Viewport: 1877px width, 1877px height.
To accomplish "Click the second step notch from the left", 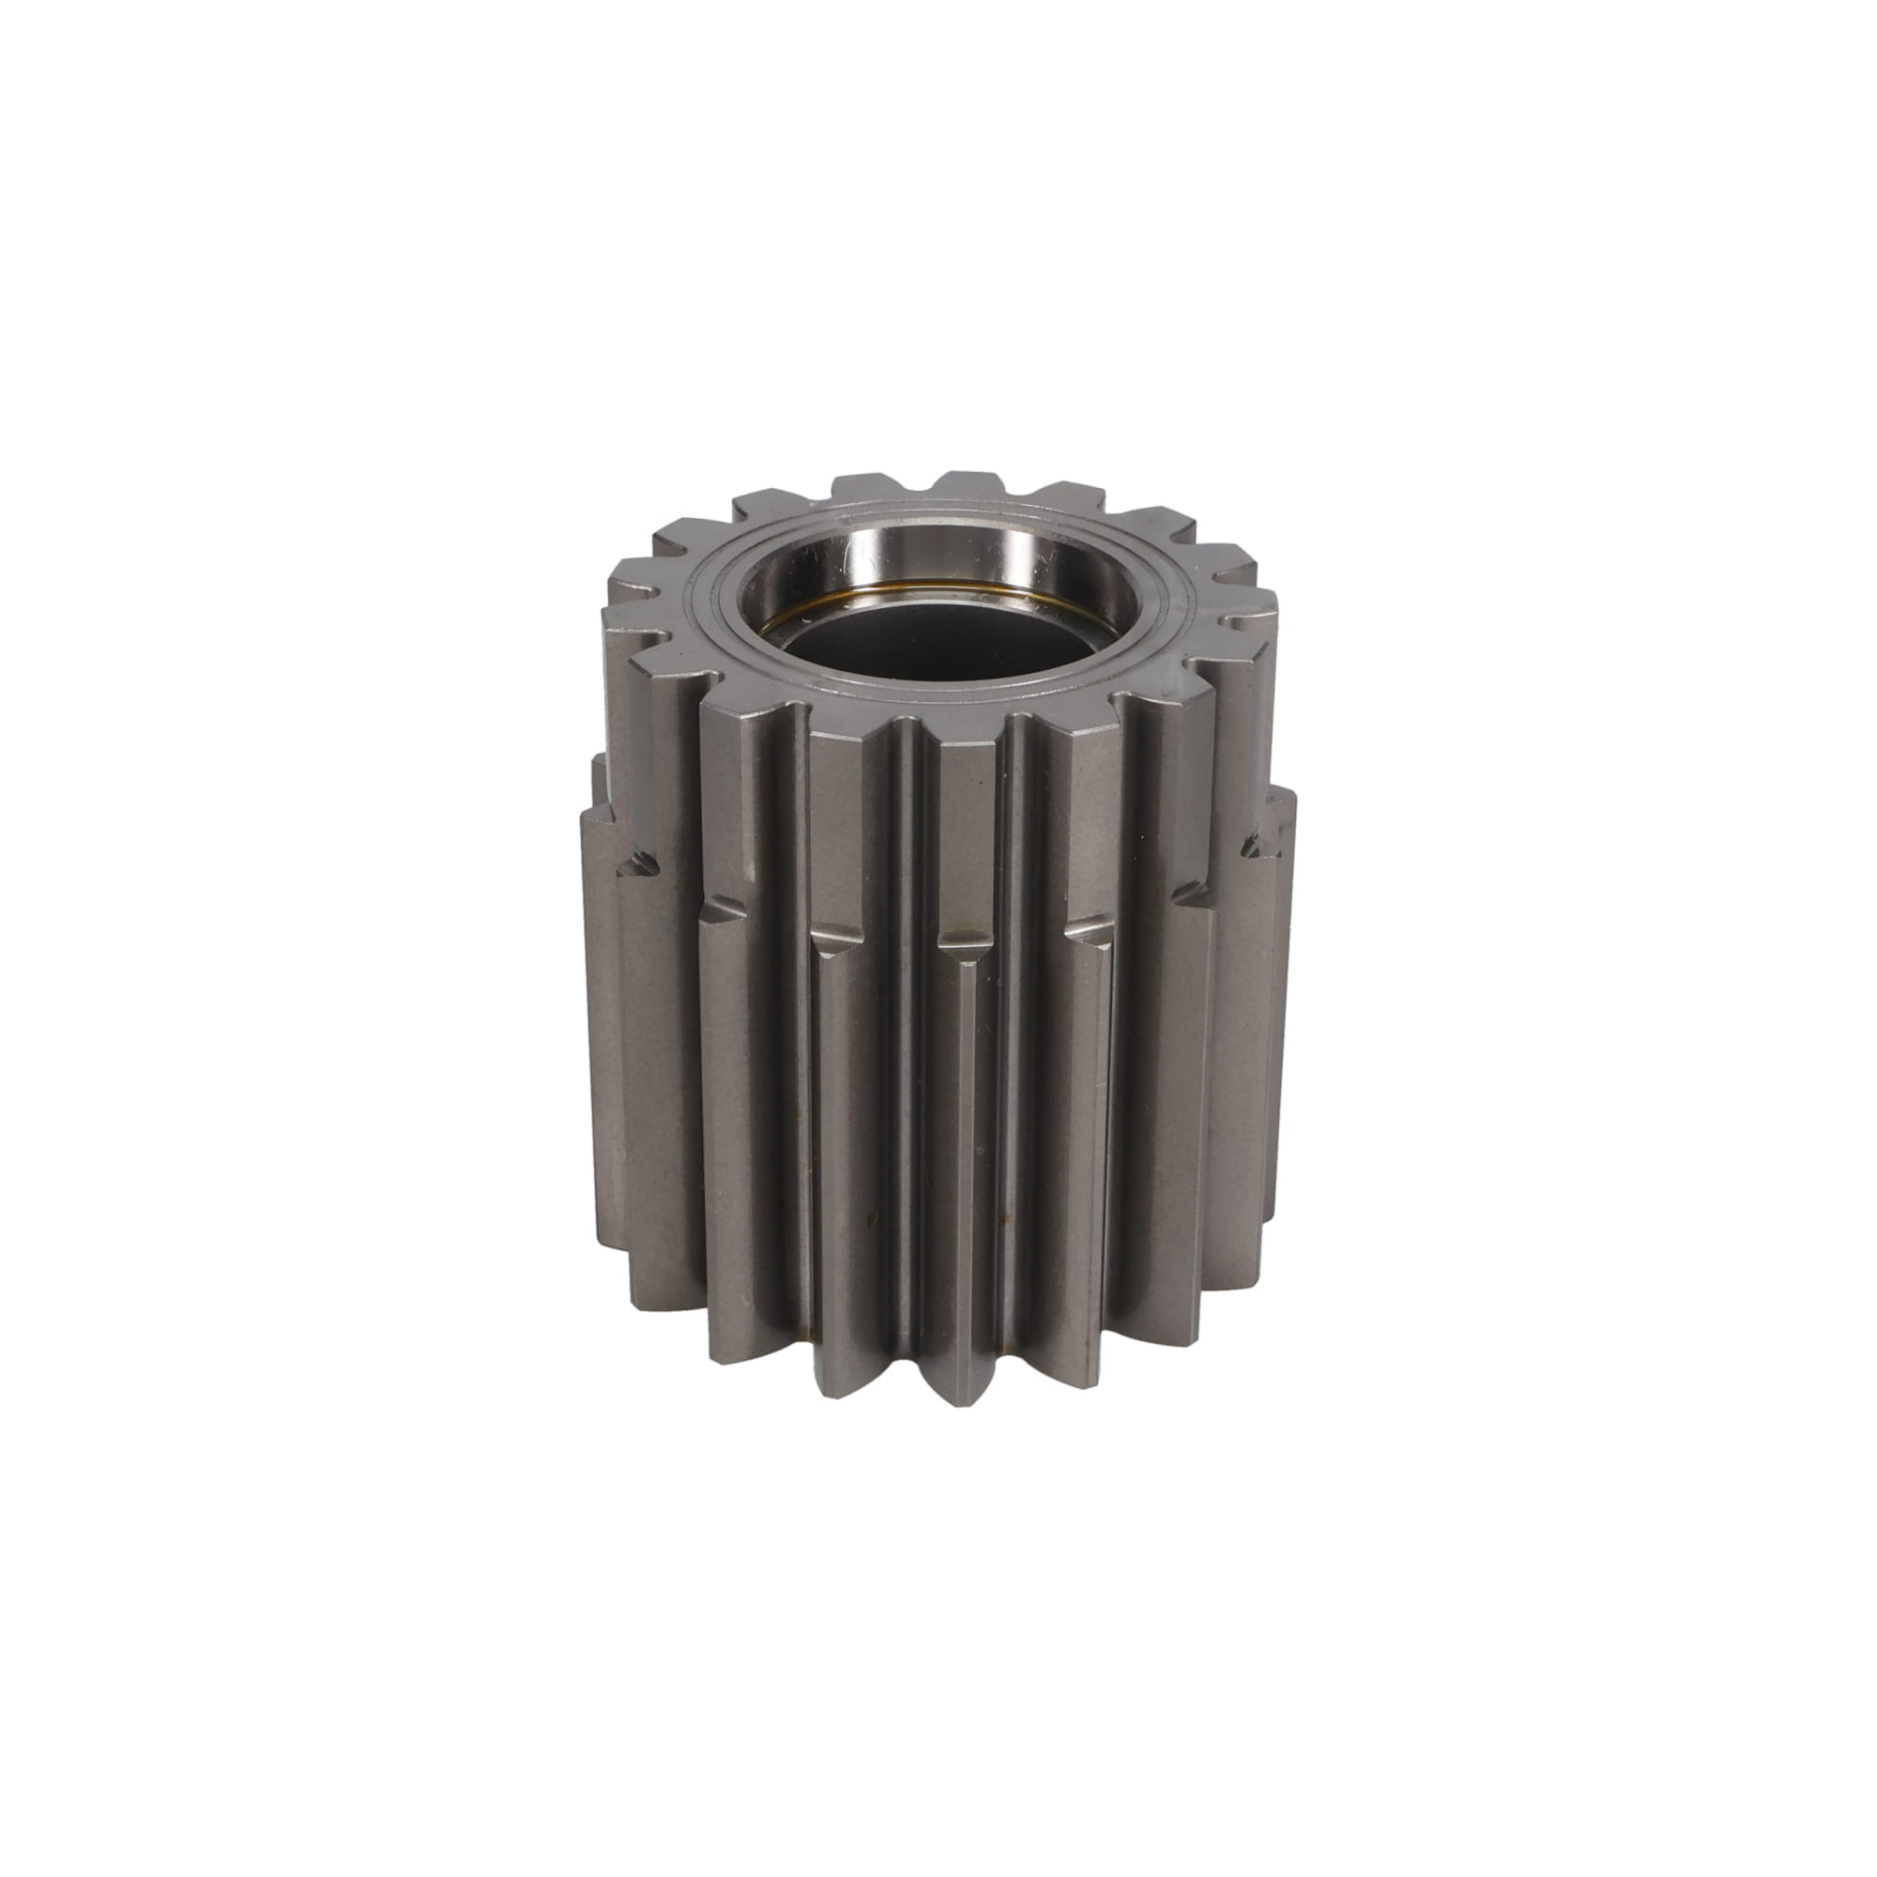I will pos(724,908).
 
